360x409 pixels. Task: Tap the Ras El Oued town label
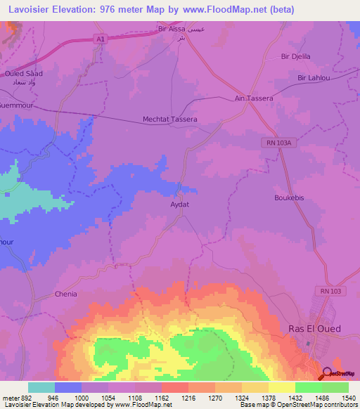coord(315,328)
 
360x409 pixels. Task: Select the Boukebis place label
coord(289,198)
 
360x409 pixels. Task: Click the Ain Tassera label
coord(254,99)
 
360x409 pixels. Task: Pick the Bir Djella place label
coord(295,56)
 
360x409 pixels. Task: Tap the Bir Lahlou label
coord(313,78)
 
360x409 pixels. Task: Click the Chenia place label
coord(65,294)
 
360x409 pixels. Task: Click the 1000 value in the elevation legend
coord(82,397)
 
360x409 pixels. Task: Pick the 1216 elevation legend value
coord(189,397)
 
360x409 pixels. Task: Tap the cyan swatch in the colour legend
coord(41,387)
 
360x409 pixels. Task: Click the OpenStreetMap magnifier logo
coord(327,375)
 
